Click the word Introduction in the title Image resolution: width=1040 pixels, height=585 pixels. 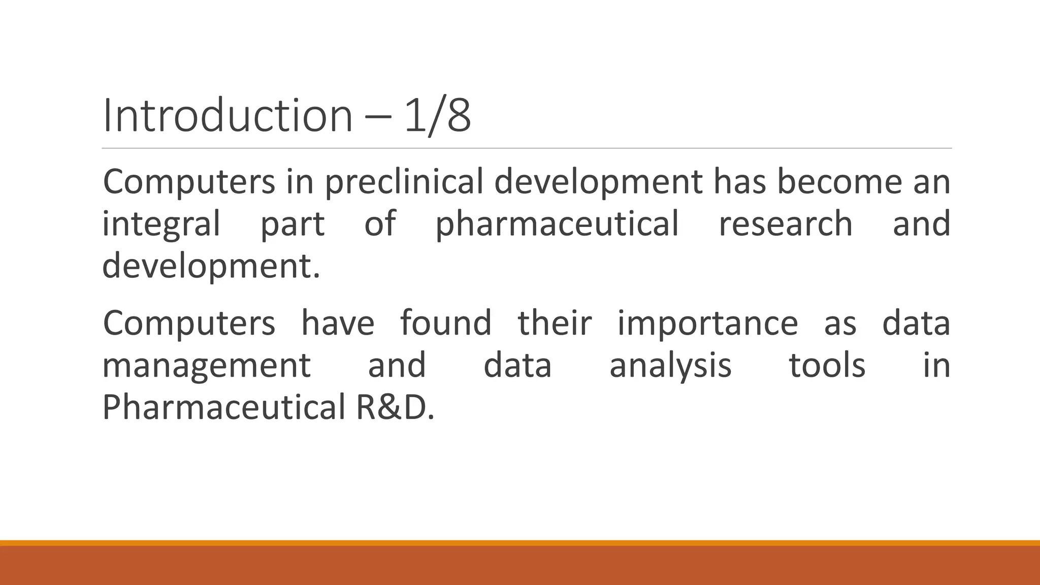tap(227, 116)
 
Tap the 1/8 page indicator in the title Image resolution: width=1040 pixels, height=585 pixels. tap(438, 116)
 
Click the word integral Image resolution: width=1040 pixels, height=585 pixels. tap(161, 224)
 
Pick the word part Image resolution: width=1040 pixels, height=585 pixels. tap(292, 224)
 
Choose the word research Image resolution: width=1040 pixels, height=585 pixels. tap(785, 224)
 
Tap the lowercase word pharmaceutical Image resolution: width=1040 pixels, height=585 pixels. tap(557, 224)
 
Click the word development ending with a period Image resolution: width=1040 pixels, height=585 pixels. tap(211, 267)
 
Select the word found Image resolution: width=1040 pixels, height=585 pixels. tap(446, 323)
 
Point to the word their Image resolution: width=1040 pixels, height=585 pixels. tap(555, 323)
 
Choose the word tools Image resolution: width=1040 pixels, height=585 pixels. tap(827, 365)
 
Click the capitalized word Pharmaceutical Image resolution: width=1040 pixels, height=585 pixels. tap(223, 407)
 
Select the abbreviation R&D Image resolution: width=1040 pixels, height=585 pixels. tap(395, 407)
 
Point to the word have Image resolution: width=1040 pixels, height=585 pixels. tap(338, 323)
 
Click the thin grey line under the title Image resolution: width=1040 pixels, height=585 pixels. tap(527, 148)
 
